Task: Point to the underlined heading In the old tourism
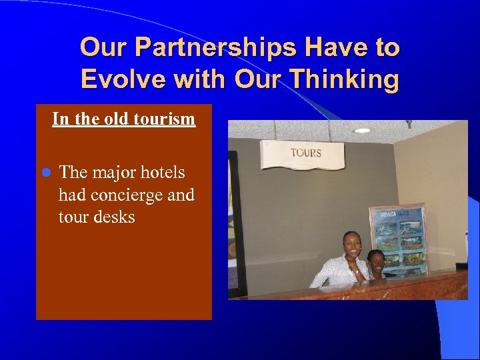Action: click(123, 119)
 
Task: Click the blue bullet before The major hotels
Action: click(46, 173)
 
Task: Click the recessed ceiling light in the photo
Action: click(362, 131)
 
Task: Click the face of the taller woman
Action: click(350, 244)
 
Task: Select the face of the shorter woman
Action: click(375, 261)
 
